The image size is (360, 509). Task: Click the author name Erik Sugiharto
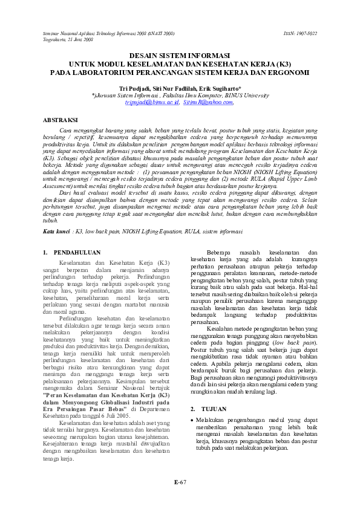pyautogui.click(x=217, y=88)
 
